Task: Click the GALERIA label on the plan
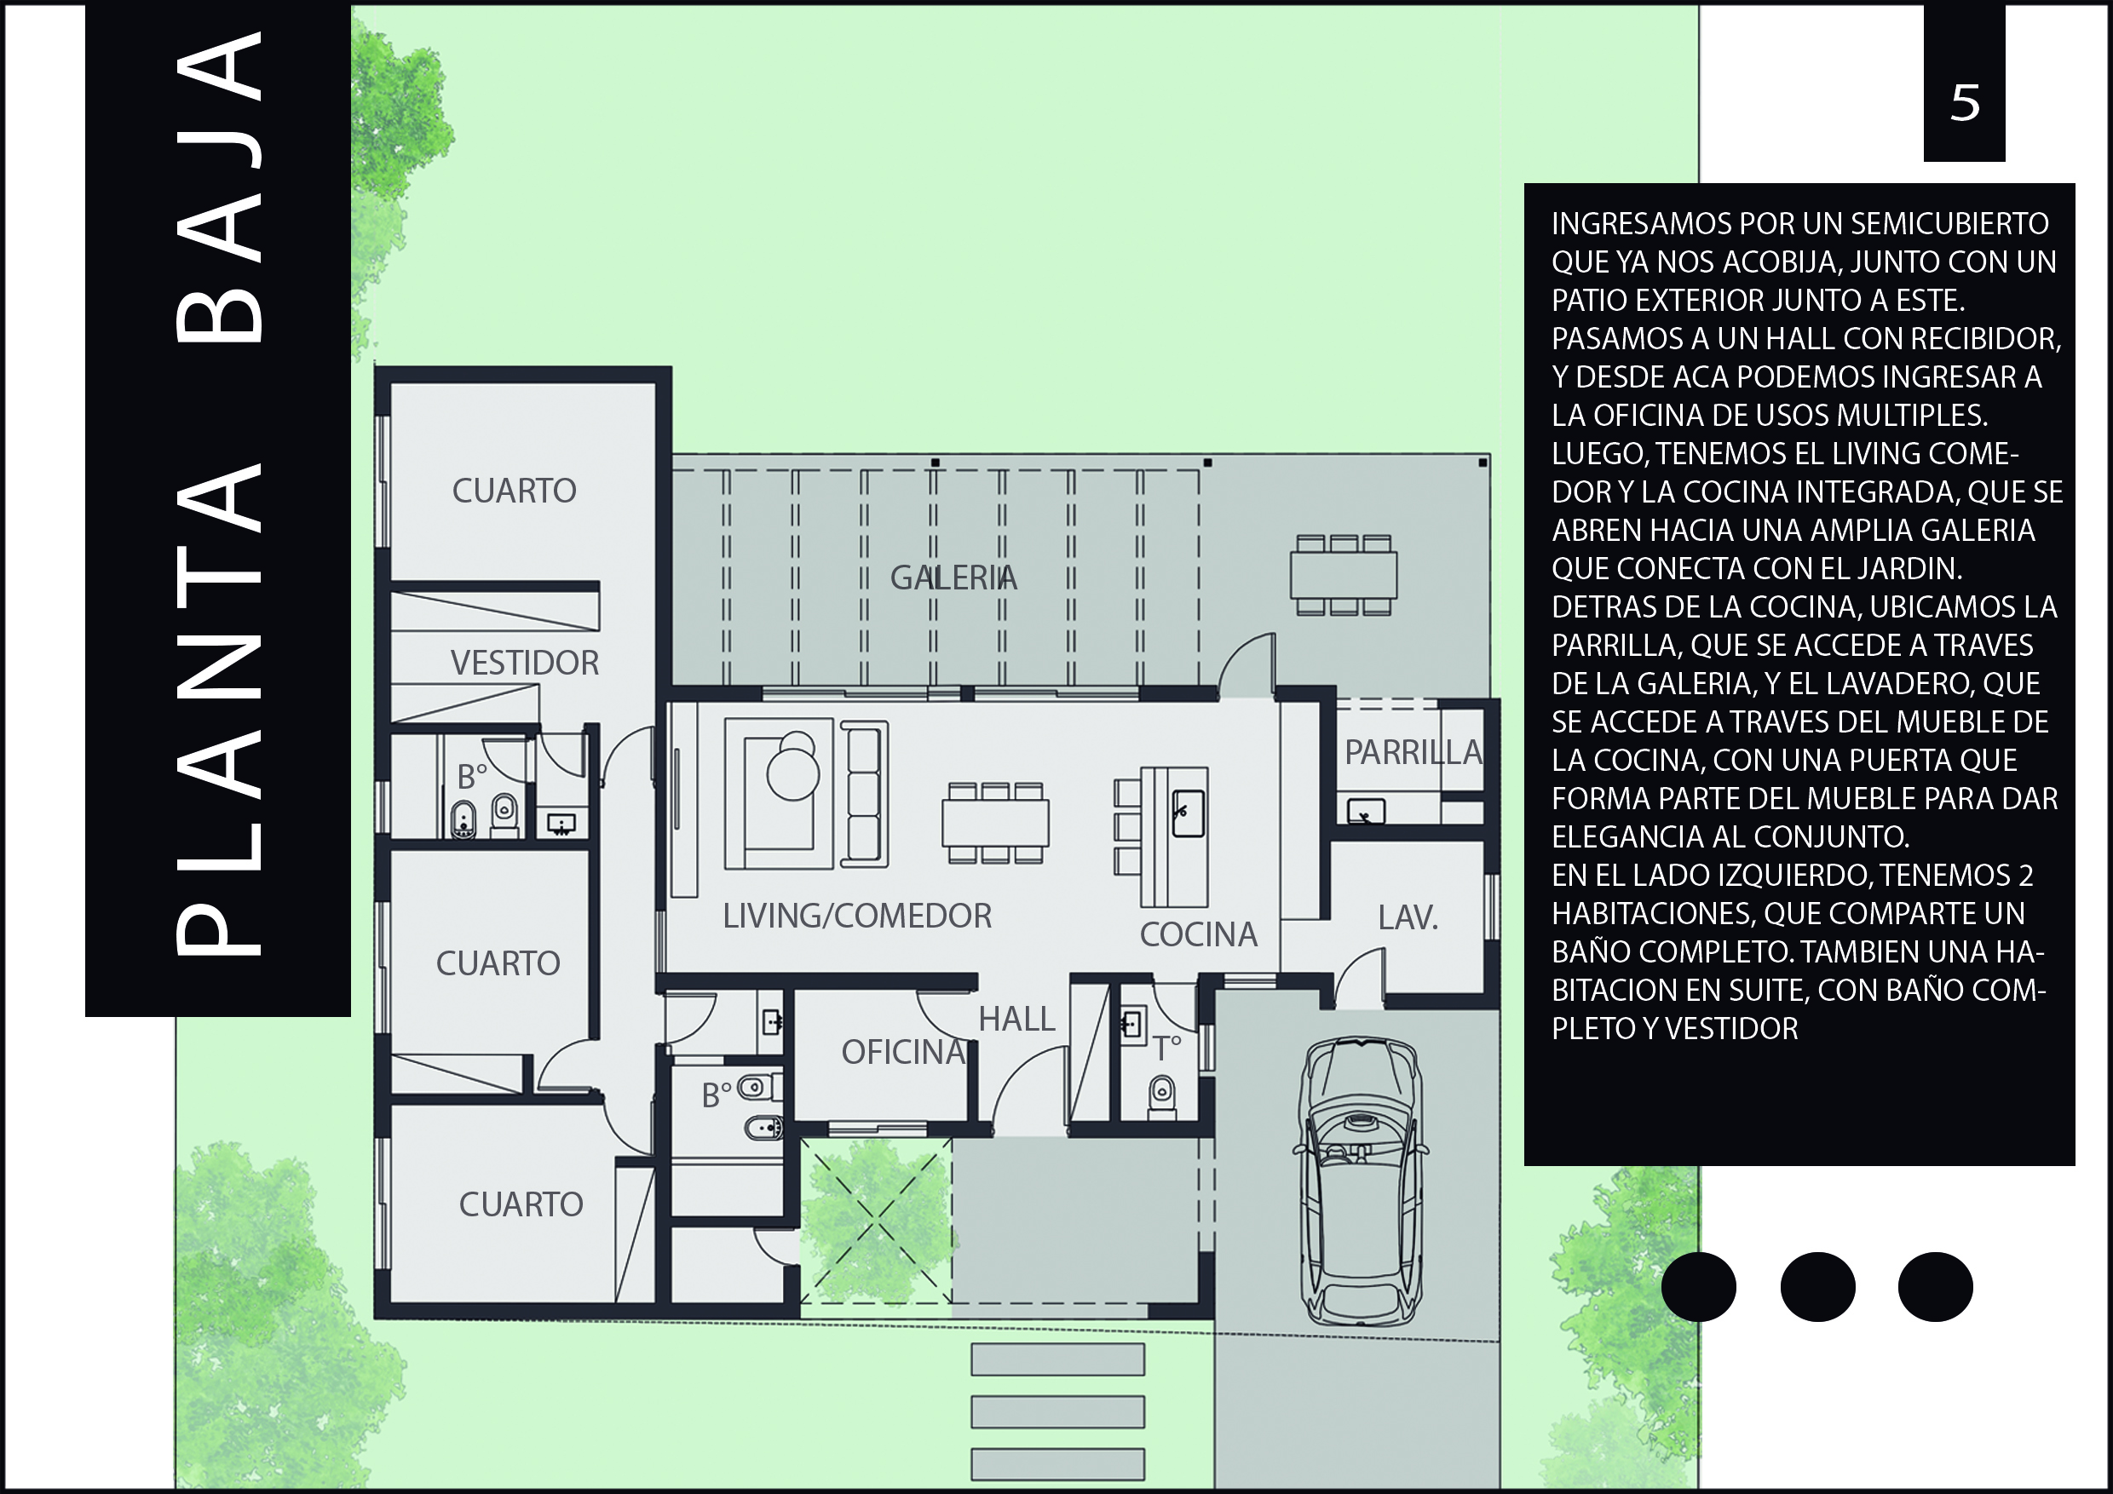point(953,577)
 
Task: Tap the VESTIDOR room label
point(525,663)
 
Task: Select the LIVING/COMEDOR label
point(858,916)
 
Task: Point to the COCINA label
point(1198,934)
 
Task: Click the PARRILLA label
point(1413,752)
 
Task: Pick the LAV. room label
point(1408,917)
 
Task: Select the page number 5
point(1965,104)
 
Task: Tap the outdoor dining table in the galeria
point(1344,575)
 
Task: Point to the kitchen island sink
point(1188,813)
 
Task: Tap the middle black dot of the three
point(1817,1287)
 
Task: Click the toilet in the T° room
point(1162,1096)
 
